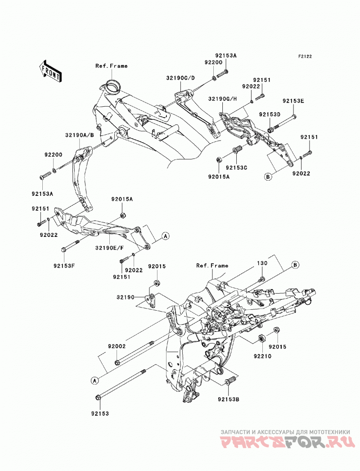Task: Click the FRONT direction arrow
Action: pos(50,72)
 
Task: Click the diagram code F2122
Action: pos(297,56)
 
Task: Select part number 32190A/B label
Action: pos(80,135)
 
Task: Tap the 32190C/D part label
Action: pos(180,78)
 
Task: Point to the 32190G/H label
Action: pos(222,99)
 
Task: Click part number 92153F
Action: pos(64,266)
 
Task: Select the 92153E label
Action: pos(293,101)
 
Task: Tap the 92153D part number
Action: pos(270,114)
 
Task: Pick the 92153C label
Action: pos(236,168)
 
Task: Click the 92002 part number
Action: pos(117,346)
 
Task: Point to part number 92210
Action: pos(262,356)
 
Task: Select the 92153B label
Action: pos(229,399)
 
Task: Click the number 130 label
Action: pos(262,263)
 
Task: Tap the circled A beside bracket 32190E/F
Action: pos(165,236)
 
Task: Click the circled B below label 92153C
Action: pos(268,177)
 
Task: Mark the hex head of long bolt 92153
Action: pos(98,398)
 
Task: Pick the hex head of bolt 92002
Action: pos(117,362)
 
